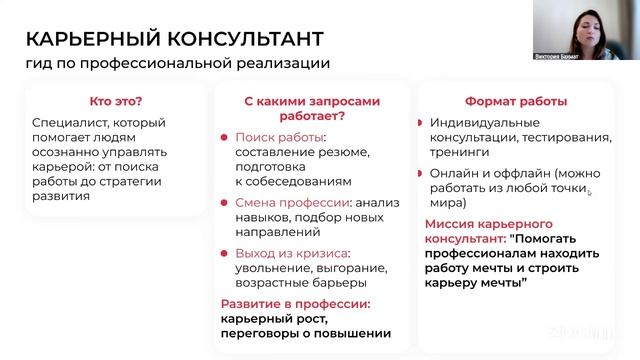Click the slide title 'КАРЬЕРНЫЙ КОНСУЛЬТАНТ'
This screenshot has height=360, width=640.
click(174, 39)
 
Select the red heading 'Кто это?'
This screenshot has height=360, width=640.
click(115, 101)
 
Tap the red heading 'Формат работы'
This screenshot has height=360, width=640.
click(516, 101)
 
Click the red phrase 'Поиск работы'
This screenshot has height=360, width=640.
click(271, 136)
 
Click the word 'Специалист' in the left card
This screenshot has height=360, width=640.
click(68, 125)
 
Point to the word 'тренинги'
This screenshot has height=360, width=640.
click(458, 155)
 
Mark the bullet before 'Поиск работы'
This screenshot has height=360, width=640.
click(227, 136)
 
